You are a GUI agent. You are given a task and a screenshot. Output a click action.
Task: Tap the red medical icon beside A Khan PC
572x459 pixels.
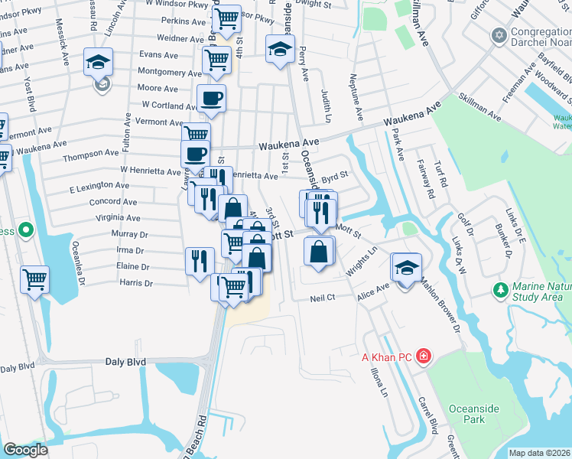click(424, 356)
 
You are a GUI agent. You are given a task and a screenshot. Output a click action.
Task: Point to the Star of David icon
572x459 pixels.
click(500, 35)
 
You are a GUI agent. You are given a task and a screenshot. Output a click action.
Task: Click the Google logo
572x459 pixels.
click(25, 449)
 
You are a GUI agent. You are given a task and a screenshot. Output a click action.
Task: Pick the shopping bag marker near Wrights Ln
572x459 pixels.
click(319, 251)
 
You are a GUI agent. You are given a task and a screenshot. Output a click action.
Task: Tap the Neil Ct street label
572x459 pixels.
click(323, 299)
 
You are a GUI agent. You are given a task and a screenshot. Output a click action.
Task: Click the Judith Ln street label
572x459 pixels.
click(326, 106)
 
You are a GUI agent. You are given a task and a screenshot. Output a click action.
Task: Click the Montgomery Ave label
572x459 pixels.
click(170, 72)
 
